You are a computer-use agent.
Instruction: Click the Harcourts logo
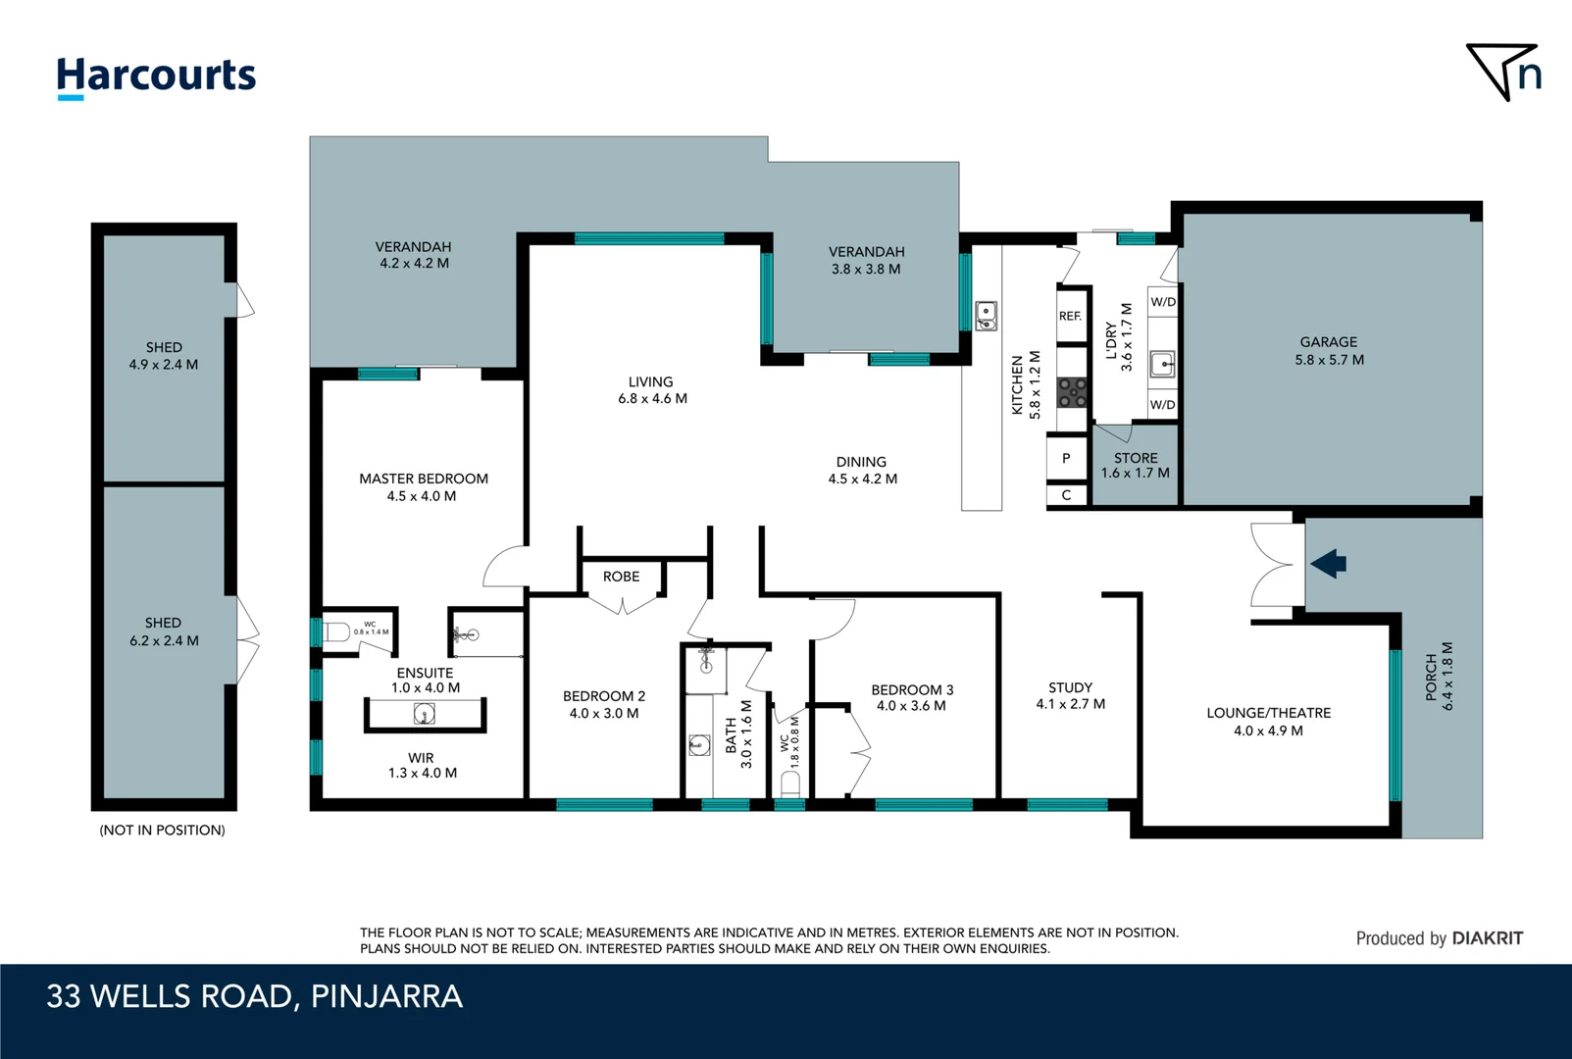point(156,76)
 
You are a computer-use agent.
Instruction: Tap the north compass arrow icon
point(1503,72)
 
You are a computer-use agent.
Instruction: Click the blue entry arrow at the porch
point(1329,564)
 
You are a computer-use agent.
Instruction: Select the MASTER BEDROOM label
point(423,479)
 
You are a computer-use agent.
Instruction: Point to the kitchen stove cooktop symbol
point(1072,393)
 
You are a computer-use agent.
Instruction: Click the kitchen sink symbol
point(987,316)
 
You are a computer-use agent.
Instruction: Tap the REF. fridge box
point(1071,316)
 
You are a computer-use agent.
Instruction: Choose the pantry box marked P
point(1066,459)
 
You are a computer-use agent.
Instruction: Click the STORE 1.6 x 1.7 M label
point(1136,466)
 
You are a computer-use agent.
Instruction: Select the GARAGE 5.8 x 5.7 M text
point(1329,351)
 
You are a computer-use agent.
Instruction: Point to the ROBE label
point(621,577)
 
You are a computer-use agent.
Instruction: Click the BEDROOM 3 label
point(912,690)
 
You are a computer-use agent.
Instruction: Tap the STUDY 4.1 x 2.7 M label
point(1070,696)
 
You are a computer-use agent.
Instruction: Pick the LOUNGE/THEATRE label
point(1268,714)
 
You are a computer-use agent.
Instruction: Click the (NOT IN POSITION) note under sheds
point(163,831)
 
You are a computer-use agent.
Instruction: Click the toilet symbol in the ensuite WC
point(336,631)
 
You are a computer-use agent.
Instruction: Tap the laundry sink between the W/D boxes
point(1162,364)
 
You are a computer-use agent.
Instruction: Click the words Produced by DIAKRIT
point(1439,938)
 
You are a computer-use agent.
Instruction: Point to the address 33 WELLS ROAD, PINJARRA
point(254,996)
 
